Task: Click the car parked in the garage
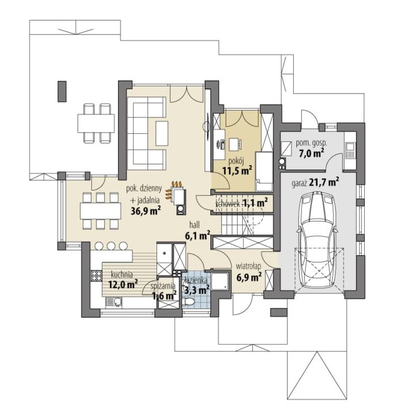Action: (x=316, y=240)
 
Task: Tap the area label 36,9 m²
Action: (x=145, y=211)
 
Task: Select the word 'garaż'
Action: (x=299, y=183)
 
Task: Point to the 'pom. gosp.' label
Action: (x=311, y=143)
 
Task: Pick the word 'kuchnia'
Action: (x=121, y=274)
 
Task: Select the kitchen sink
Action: (x=114, y=302)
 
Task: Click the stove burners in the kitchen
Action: (x=96, y=276)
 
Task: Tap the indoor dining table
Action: (x=101, y=211)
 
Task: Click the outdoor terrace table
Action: (x=96, y=123)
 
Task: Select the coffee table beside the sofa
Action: (x=162, y=133)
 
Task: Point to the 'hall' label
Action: (x=195, y=225)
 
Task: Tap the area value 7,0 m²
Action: (x=311, y=153)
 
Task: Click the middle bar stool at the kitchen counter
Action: (x=111, y=246)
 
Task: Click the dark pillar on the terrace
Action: (x=62, y=91)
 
